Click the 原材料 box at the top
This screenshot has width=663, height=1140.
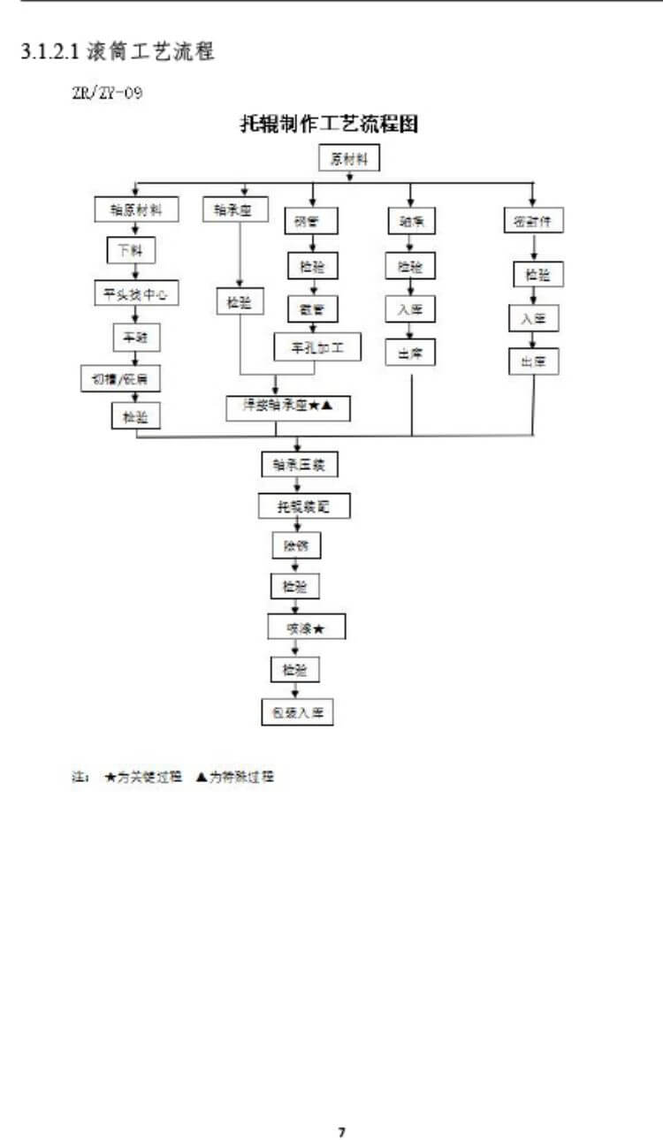click(x=349, y=159)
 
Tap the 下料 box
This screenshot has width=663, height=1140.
click(x=131, y=251)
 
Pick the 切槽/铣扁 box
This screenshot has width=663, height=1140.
click(x=121, y=378)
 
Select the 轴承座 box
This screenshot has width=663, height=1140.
click(x=235, y=210)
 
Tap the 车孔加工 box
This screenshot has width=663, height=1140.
click(x=317, y=347)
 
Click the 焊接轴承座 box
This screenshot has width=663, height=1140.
click(x=288, y=407)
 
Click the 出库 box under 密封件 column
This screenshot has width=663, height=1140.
click(x=533, y=361)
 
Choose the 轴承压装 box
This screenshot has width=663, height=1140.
click(x=299, y=464)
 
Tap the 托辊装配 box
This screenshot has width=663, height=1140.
click(x=303, y=507)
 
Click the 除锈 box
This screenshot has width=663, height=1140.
click(x=295, y=546)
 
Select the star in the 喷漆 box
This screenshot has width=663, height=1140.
click(x=318, y=628)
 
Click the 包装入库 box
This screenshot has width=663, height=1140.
click(x=297, y=712)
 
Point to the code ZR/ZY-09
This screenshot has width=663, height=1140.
click(x=107, y=93)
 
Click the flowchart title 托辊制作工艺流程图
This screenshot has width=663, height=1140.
click(x=329, y=125)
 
